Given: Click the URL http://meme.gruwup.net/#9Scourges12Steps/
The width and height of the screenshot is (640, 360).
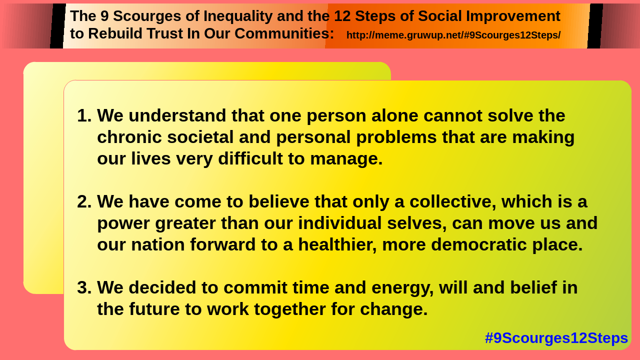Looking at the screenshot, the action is pyautogui.click(x=453, y=35).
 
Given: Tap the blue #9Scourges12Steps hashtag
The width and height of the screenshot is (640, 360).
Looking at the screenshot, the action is pyautogui.click(x=556, y=338).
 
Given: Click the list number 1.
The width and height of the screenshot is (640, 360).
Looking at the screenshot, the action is pyautogui.click(x=84, y=115).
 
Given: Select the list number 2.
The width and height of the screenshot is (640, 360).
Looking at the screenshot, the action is pyautogui.click(x=84, y=201).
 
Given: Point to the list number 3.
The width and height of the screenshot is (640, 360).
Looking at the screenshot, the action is pyautogui.click(x=84, y=287).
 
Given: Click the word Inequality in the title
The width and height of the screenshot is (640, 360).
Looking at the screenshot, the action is pyautogui.click(x=238, y=16).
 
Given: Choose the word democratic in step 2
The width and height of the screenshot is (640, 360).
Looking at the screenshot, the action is pyautogui.click(x=478, y=245).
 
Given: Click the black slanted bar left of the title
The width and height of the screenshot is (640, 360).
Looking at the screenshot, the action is pyautogui.click(x=58, y=26).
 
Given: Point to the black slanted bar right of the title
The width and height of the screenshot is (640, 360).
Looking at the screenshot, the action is pyautogui.click(x=595, y=26).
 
